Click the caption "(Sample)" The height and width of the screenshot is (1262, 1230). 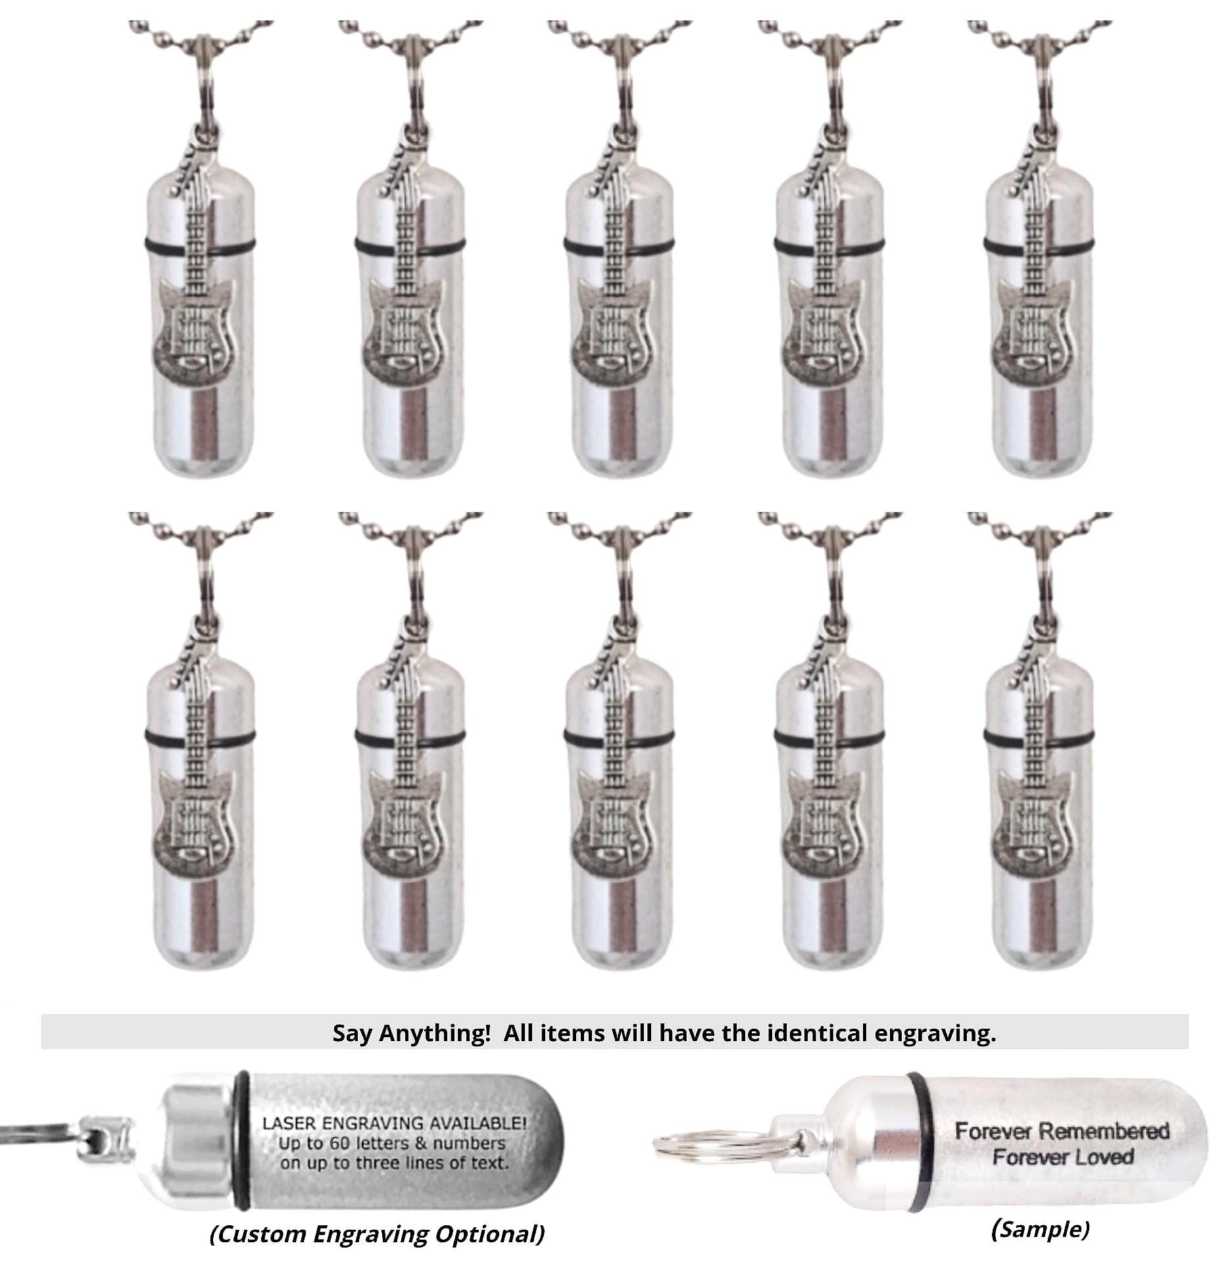[x=1040, y=1228]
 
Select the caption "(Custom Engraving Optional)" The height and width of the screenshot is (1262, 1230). [x=377, y=1234]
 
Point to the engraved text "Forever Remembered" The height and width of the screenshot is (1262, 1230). [x=1062, y=1131]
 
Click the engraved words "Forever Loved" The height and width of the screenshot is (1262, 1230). [x=1063, y=1157]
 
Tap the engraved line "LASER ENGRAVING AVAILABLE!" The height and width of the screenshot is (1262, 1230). [x=395, y=1122]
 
